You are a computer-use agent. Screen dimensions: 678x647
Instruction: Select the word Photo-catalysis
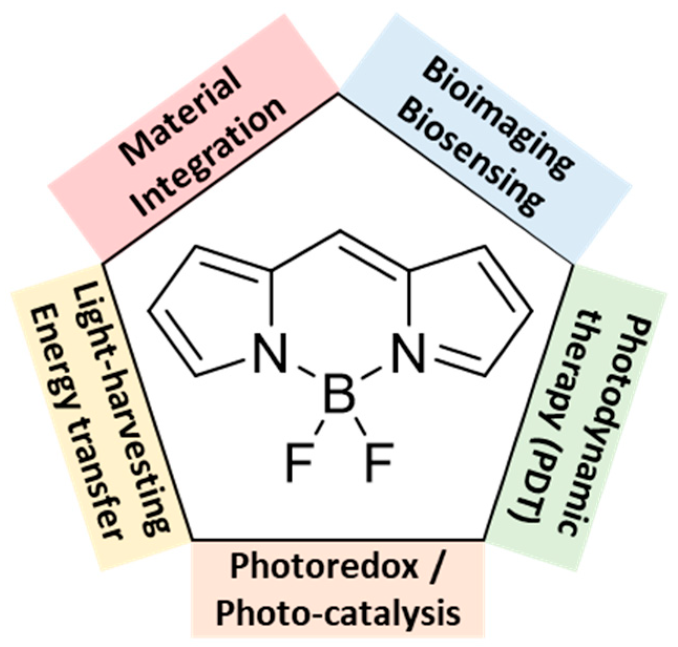click(x=338, y=613)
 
